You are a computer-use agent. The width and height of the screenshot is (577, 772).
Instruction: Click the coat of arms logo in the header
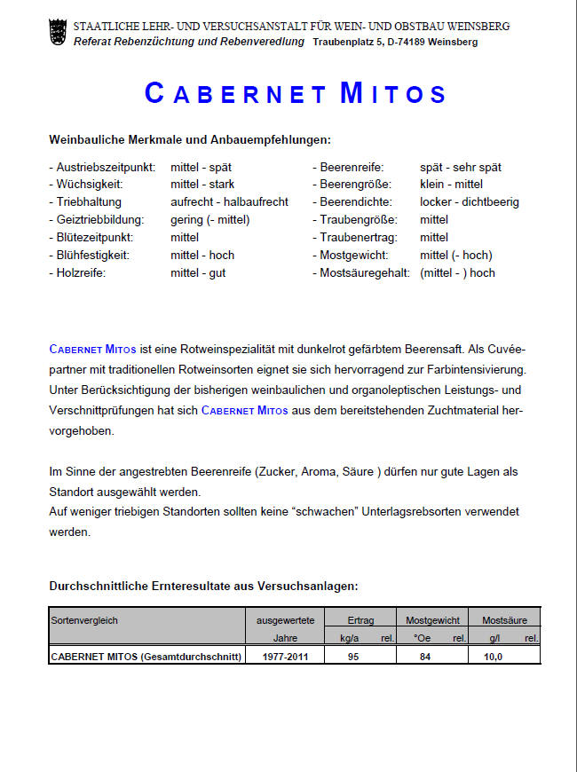pyautogui.click(x=58, y=33)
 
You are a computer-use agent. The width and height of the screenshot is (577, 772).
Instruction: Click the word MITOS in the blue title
pyautogui.click(x=393, y=94)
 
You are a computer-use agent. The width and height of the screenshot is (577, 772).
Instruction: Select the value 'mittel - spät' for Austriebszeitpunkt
pyautogui.click(x=202, y=167)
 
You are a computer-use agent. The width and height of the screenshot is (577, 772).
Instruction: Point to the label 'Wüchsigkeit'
pyautogui.click(x=89, y=185)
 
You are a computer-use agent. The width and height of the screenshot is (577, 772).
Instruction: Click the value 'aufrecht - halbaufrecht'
pyautogui.click(x=229, y=202)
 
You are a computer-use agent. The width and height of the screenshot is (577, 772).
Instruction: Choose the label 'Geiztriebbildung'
pyautogui.click(x=102, y=220)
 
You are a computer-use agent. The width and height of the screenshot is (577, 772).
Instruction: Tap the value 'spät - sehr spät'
pyautogui.click(x=461, y=167)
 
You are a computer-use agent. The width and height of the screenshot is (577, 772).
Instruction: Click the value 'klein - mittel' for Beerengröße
pyautogui.click(x=451, y=185)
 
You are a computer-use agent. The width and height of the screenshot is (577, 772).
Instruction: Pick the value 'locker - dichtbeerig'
pyautogui.click(x=470, y=202)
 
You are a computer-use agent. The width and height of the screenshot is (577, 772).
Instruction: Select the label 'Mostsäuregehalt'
pyautogui.click(x=362, y=273)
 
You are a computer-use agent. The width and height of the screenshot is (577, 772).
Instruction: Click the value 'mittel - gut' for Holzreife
pyautogui.click(x=198, y=273)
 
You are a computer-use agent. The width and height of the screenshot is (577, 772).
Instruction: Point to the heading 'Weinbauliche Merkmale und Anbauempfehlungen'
pyautogui.click(x=190, y=140)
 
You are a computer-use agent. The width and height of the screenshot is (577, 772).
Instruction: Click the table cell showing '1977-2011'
pyautogui.click(x=285, y=656)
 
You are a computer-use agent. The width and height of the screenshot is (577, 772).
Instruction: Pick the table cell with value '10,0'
pyautogui.click(x=493, y=656)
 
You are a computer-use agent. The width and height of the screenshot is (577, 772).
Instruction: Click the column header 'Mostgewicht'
pyautogui.click(x=431, y=619)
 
